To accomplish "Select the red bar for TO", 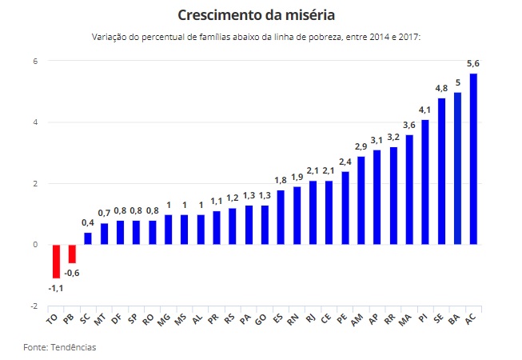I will coord(56,261).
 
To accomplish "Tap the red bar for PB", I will coord(72,254).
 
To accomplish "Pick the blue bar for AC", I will coord(473,158).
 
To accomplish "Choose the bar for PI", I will coord(425,182).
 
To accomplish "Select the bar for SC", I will coord(88,238).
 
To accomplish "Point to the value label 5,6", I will coord(473,63).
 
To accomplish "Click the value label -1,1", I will coord(55,287).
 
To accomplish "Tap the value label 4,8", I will coord(441,88).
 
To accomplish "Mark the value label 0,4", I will coord(88,222).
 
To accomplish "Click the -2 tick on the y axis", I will coord(34,306).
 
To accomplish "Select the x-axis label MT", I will coord(101,320).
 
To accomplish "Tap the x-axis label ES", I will coord(277,320).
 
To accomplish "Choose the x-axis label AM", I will coord(357,320).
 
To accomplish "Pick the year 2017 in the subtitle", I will coord(408,38).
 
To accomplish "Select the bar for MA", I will coord(409,190).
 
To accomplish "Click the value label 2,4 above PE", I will coord(345,162).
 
